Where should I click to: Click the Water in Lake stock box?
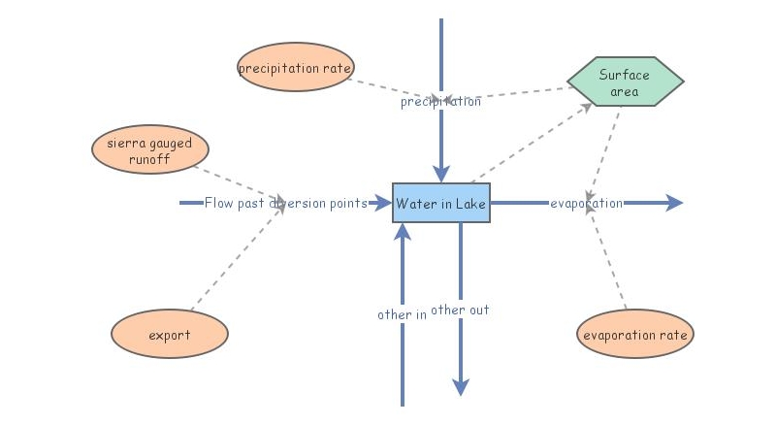[x=441, y=203]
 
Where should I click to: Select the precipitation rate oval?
[x=295, y=68]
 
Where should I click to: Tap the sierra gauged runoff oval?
[x=149, y=150]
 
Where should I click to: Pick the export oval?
[x=170, y=335]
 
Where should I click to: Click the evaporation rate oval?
[x=635, y=335]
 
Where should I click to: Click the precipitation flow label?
[x=440, y=101]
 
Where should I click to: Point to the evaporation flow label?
[x=586, y=203]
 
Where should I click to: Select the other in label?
[x=402, y=314]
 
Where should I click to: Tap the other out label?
[x=460, y=311]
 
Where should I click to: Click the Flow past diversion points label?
[x=285, y=203]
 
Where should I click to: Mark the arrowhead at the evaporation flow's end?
[x=675, y=203]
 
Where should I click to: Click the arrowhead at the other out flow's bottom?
[x=461, y=386]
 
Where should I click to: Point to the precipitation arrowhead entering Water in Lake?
[x=441, y=175]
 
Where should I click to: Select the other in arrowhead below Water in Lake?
[x=403, y=232]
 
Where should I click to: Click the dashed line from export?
[x=238, y=259]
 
